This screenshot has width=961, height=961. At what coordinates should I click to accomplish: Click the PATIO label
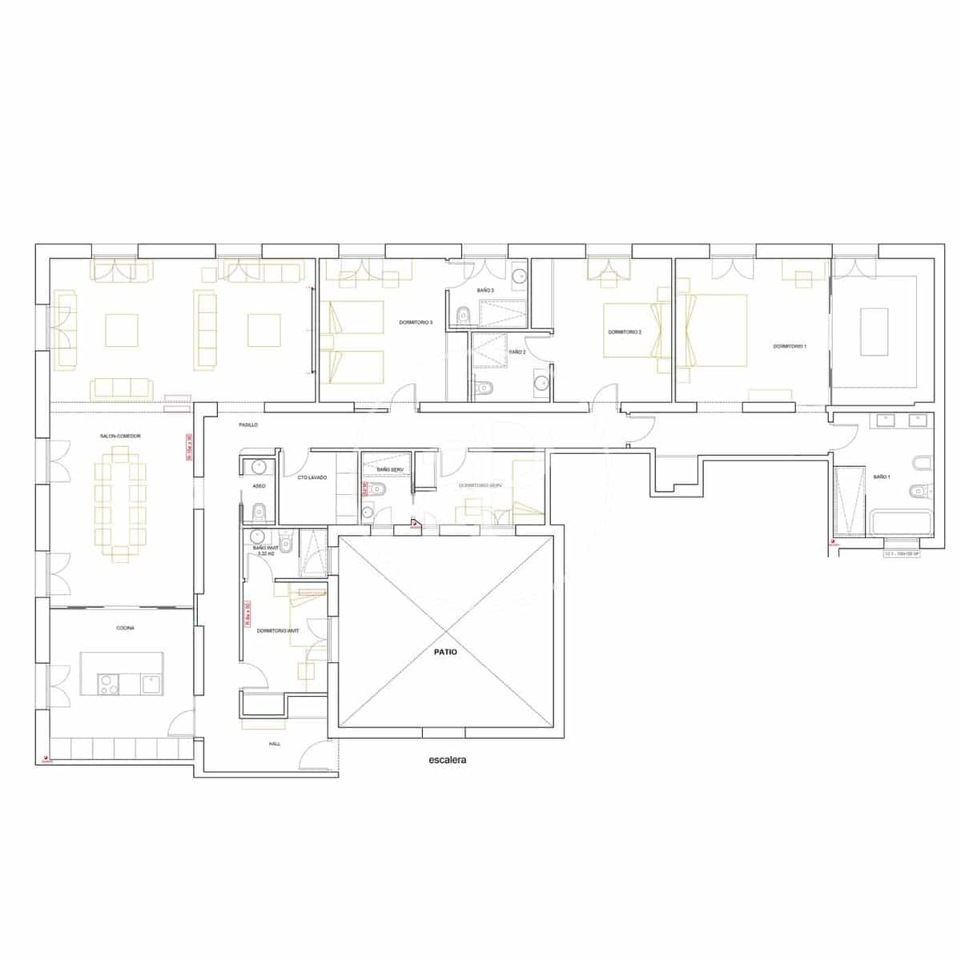pos(445,652)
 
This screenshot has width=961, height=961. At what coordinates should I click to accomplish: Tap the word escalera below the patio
pos(447,760)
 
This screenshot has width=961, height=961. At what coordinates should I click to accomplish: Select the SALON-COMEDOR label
pos(120,436)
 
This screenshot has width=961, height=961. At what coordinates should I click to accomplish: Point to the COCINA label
pos(125,629)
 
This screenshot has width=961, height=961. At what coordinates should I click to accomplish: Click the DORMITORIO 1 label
pos(790,347)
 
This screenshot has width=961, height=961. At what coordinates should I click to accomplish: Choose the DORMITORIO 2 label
pos(625,332)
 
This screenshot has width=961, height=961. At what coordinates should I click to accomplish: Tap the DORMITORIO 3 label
pos(416,323)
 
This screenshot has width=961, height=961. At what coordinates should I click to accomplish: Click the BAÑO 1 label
pos(880,476)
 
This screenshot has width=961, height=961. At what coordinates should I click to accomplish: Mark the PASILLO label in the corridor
pos(248,424)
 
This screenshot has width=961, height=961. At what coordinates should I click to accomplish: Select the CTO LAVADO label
pos(312,478)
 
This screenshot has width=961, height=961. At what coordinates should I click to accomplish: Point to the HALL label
pos(275,744)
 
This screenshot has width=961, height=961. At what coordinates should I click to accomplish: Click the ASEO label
pos(259,486)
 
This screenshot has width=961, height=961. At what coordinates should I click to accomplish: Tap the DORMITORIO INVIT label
pos(278,631)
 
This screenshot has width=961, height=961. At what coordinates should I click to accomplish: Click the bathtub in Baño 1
pos(901,525)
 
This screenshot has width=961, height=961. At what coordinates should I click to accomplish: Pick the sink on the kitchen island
pos(151,683)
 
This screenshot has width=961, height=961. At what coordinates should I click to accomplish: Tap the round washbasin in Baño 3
pos(520,278)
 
